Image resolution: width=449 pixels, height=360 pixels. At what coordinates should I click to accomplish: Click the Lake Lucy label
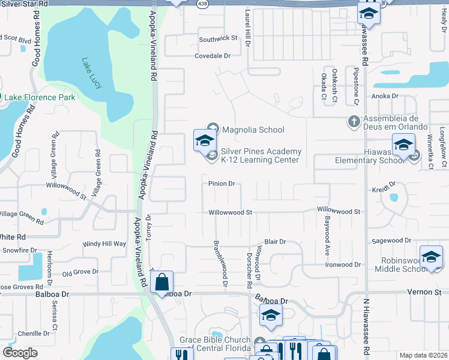point(91,73)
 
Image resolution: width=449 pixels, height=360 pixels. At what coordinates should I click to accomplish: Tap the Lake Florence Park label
point(40,97)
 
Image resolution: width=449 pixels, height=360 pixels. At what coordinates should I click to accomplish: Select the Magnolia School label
point(253,130)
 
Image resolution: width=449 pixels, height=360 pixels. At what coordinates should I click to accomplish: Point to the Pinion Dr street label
point(221,184)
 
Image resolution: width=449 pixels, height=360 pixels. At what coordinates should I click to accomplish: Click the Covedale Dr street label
point(212,56)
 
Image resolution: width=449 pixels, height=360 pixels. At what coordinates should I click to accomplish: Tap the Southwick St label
point(218,39)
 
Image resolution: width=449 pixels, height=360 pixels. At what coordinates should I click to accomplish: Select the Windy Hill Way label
point(104,244)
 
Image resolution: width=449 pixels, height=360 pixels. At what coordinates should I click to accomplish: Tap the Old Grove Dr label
point(80,272)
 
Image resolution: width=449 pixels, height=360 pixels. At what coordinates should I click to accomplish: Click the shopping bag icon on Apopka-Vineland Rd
point(161,282)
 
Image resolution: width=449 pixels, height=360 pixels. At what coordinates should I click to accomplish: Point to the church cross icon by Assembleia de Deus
point(354,122)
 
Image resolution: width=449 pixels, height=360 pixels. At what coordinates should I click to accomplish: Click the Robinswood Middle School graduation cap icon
point(431,257)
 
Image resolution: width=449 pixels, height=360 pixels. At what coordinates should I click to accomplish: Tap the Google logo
point(20,353)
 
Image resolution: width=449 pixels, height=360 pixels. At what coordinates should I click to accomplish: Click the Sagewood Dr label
point(391,241)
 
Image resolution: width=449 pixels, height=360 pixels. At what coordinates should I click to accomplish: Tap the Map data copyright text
point(424,355)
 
